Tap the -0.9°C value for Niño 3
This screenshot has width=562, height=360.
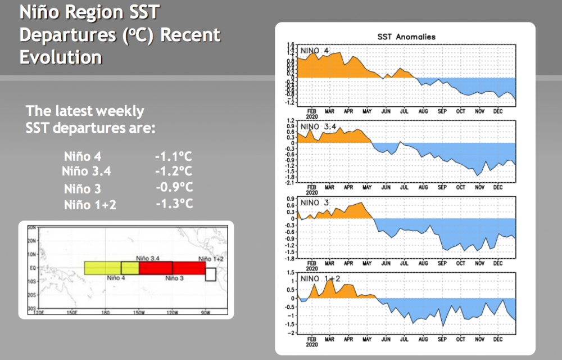(x=174, y=187)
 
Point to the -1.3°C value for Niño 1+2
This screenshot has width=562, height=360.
(x=174, y=203)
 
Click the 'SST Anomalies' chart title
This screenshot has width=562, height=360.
(x=406, y=37)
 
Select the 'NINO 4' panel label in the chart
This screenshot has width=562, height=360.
(x=315, y=51)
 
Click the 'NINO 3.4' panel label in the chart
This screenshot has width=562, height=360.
(x=319, y=127)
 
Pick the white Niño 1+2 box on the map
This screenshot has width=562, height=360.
(x=211, y=274)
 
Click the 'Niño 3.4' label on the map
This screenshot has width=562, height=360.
(x=148, y=258)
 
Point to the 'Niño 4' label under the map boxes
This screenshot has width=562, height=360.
(x=115, y=278)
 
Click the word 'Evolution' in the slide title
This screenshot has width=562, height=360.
(x=61, y=57)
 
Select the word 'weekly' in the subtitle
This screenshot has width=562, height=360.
(x=121, y=111)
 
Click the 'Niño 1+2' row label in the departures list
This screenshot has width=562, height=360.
(x=90, y=204)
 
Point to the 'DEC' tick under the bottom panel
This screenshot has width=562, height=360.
(x=498, y=339)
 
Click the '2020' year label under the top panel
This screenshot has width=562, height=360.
(x=312, y=116)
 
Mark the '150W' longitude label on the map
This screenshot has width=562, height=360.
(x=138, y=312)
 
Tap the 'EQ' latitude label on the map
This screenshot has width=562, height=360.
(x=32, y=268)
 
